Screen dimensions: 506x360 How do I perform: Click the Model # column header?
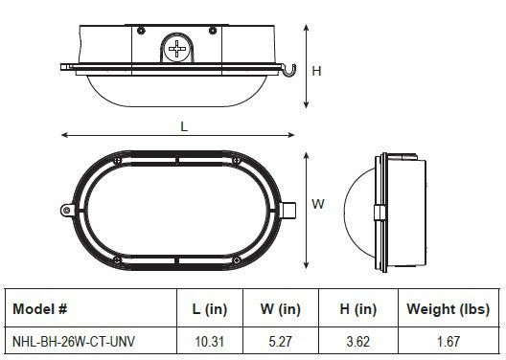pos(39,308)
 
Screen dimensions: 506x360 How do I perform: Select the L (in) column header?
pos(210,309)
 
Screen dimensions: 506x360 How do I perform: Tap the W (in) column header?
pos(281,309)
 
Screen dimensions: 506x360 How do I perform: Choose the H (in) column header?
pos(358,309)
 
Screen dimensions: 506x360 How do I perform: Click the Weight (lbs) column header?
pos(448,309)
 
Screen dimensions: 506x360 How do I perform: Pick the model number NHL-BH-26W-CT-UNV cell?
pos(74,341)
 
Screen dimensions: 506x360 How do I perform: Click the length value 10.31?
pos(210,342)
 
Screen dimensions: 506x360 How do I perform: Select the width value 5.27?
pos(281,342)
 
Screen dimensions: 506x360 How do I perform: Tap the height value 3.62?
pos(358,342)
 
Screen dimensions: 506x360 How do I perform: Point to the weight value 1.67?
pos(448,342)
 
